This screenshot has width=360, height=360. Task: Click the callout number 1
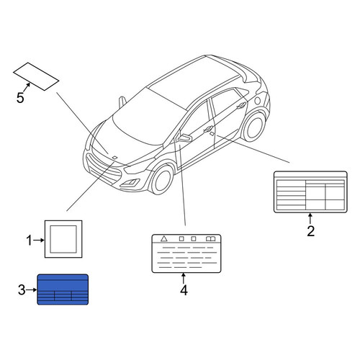(29, 240)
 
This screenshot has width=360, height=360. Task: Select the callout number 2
(310, 231)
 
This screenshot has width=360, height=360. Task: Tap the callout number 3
(22, 290)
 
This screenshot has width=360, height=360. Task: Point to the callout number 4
(184, 290)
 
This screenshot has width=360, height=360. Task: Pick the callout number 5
(20, 98)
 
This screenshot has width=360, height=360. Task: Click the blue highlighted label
(63, 289)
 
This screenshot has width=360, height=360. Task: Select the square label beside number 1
(63, 239)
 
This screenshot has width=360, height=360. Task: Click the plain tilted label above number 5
(36, 76)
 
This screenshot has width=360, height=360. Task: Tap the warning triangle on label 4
(164, 238)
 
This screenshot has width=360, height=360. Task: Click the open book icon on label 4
(210, 239)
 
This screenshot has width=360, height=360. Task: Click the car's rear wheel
(254, 127)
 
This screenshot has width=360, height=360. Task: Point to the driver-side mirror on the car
(184, 138)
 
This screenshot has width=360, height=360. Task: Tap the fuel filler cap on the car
(258, 101)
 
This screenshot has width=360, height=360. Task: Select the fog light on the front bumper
(130, 183)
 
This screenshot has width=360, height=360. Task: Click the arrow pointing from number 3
(32, 290)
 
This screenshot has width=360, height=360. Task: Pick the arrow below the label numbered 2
(310, 219)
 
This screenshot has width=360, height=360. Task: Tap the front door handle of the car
(208, 130)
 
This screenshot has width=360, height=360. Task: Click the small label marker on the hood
(115, 157)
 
